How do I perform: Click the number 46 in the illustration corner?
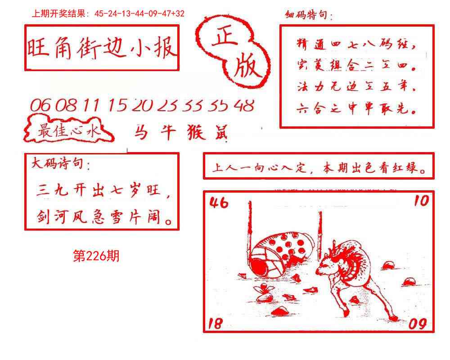219,203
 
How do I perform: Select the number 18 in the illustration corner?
216,323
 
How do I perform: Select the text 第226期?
96,256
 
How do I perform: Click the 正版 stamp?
234,52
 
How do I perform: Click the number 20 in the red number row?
144,106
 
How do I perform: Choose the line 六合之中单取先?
355,108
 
